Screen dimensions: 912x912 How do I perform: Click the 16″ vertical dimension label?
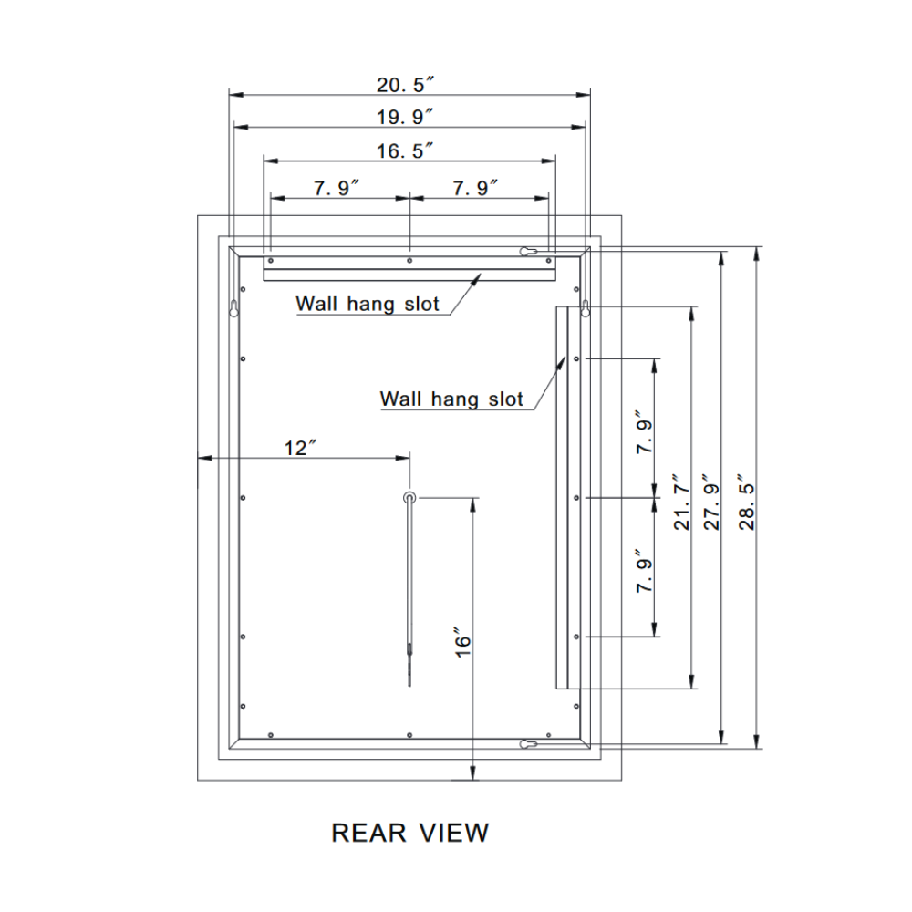pyautogui.click(x=462, y=643)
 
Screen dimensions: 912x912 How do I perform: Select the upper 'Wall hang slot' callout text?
pyautogui.click(x=368, y=304)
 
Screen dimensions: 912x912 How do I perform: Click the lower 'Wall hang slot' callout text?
pyautogui.click(x=451, y=399)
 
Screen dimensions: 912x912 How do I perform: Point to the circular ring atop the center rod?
pyautogui.click(x=409, y=497)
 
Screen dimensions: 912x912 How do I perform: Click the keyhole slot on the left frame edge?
pyautogui.click(x=234, y=308)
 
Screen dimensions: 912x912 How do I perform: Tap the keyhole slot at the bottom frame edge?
pyautogui.click(x=526, y=744)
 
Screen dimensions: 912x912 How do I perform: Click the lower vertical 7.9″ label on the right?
pyautogui.click(x=645, y=571)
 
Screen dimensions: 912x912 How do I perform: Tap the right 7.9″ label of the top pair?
pyautogui.click(x=476, y=188)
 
